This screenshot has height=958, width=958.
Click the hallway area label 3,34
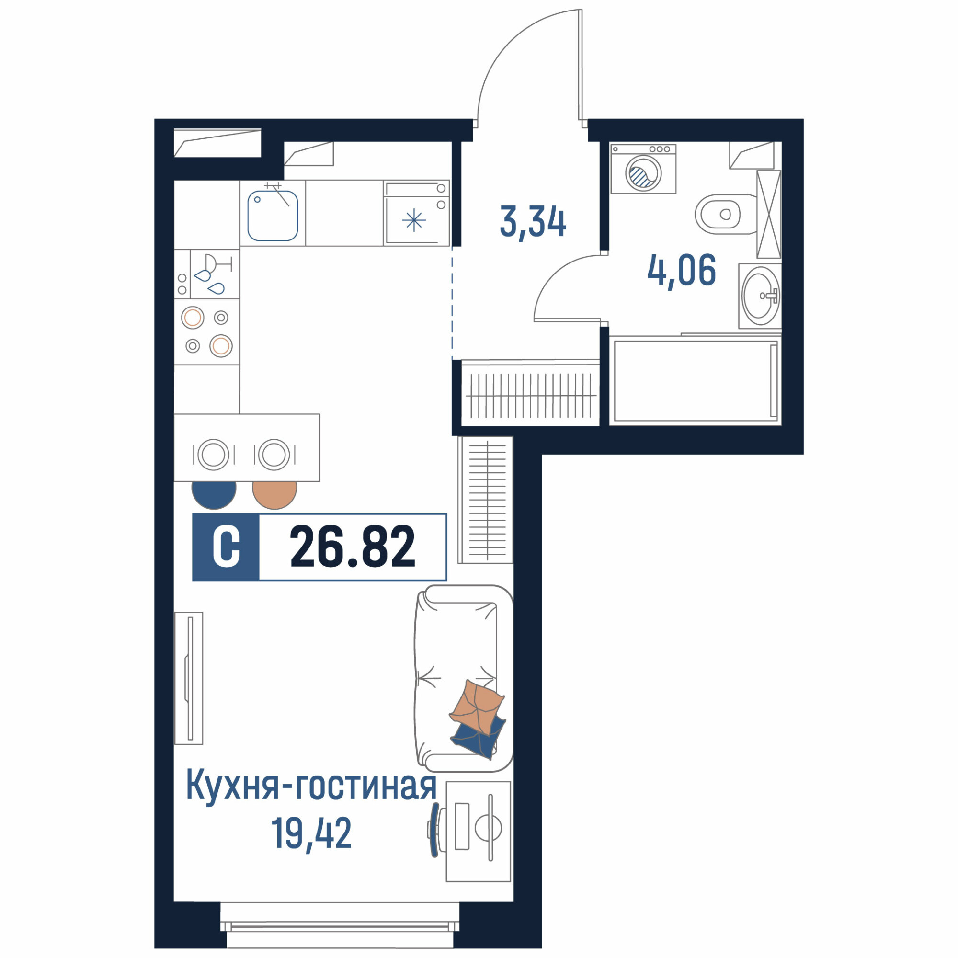pos(533,223)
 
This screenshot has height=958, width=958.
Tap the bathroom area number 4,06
pos(682,271)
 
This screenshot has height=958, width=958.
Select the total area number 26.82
pos(352,547)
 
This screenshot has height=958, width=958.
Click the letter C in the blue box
pos(226,547)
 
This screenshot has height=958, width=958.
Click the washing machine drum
pos(644,172)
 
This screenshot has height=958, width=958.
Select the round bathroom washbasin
pos(760,296)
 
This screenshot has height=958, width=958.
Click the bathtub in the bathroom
pos(695,380)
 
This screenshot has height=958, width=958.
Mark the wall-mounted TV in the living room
pos(188,678)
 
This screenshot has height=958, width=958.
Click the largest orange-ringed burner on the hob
pos(221,346)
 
